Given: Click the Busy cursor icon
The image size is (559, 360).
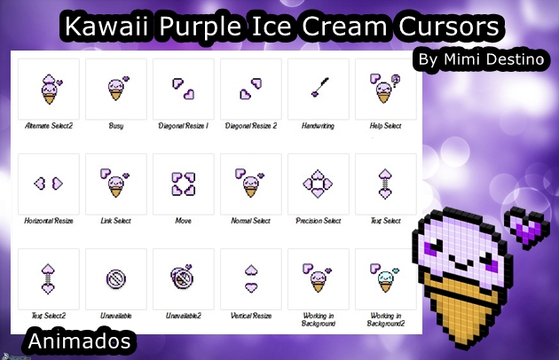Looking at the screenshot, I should click(x=116, y=89).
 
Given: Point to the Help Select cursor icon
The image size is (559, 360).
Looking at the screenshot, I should click(x=385, y=89).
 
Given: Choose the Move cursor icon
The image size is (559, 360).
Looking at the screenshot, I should click(x=183, y=184).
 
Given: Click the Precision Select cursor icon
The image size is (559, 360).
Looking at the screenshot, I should click(x=318, y=184).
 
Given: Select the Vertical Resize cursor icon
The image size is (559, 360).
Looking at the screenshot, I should click(x=250, y=278).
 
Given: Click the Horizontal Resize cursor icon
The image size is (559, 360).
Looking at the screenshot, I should click(x=48, y=183).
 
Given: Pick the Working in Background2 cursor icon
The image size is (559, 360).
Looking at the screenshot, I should click(x=385, y=278).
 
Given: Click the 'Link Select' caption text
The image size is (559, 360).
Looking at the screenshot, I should click(x=115, y=221).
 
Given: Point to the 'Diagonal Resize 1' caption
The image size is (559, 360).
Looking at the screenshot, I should click(x=183, y=126).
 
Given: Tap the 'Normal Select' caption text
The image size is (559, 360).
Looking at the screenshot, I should click(x=250, y=221).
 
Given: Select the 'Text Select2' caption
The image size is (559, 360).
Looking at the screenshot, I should click(x=48, y=316).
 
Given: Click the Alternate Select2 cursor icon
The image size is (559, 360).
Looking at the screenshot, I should click(x=49, y=89).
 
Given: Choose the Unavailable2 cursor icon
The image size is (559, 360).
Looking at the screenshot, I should click(x=183, y=278).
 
